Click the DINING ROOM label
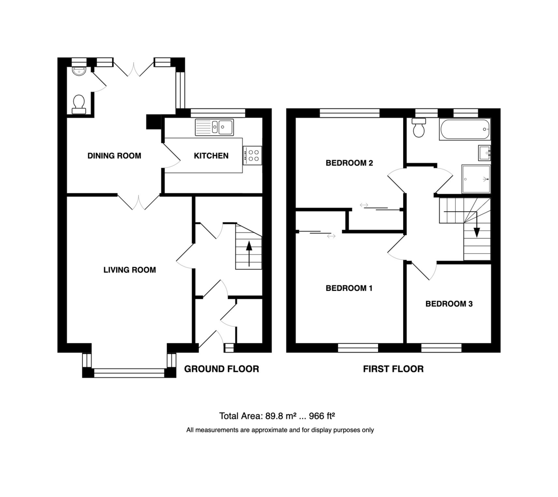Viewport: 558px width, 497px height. [114, 156]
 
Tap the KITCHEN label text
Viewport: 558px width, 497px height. [211, 156]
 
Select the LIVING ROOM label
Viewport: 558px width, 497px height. [129, 270]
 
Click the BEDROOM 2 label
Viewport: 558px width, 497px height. [349, 163]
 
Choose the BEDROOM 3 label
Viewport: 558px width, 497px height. [449, 304]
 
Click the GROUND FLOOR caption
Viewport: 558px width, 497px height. [221, 369]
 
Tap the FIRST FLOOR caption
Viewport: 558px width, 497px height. [393, 369]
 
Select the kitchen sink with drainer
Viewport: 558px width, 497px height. [214, 127]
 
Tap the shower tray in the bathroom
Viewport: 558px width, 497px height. [476, 179]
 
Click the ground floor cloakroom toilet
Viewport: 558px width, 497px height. [79, 104]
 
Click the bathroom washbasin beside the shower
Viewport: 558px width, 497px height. [484, 152]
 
